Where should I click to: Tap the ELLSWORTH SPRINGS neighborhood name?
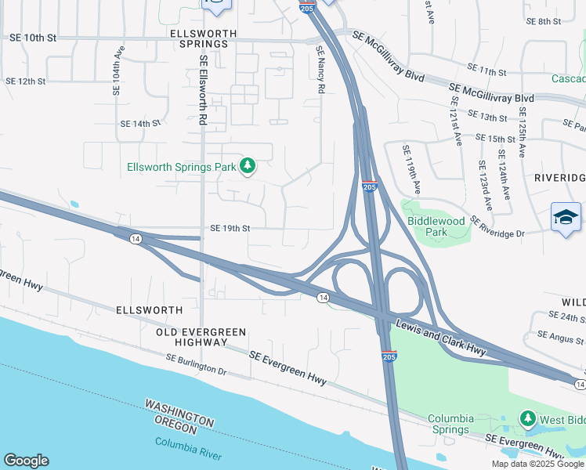pyautogui.click(x=199, y=38)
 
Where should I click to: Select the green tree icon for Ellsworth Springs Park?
pyautogui.click(x=248, y=165)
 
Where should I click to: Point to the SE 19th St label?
pyautogui.click(x=230, y=229)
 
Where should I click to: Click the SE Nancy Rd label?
pyautogui.click(x=320, y=70)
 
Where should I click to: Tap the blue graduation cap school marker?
pyautogui.click(x=566, y=216)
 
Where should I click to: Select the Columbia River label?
pyautogui.click(x=188, y=449)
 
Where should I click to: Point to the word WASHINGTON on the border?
pyautogui.click(x=179, y=412)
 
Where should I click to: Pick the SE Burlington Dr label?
pyautogui.click(x=196, y=364)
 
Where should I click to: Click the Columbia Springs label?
pyautogui.click(x=459, y=424)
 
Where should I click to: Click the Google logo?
pyautogui.click(x=26, y=461)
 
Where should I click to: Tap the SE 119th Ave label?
pyautogui.click(x=411, y=169)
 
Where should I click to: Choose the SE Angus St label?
pyautogui.click(x=560, y=337)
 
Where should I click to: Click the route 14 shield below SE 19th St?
pyautogui.click(x=136, y=239)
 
